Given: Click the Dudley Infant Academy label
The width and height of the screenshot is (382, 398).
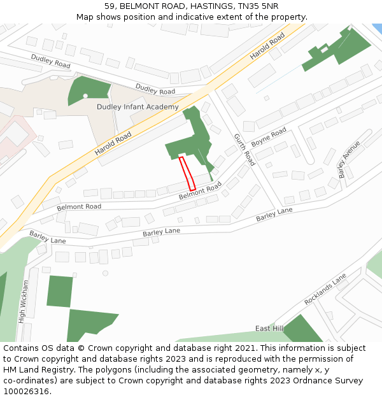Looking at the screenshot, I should (138, 107).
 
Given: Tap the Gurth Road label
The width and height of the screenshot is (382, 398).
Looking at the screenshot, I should (244, 150).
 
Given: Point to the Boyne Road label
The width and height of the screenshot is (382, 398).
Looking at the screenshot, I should (269, 137).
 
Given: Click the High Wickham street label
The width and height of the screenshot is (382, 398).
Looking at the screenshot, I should (24, 302).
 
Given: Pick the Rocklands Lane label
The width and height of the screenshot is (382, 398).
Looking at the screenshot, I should (325, 288).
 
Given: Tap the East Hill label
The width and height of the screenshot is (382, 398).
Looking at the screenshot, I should (269, 328).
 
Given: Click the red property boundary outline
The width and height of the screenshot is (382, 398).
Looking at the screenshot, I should (187, 173).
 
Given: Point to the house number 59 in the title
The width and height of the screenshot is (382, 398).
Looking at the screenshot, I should (110, 6).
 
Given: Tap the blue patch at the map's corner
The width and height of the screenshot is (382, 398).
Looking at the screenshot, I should (377, 29).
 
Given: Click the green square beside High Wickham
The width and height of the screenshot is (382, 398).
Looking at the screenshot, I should (59, 292).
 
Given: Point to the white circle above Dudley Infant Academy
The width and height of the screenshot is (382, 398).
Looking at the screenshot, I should (85, 96).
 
